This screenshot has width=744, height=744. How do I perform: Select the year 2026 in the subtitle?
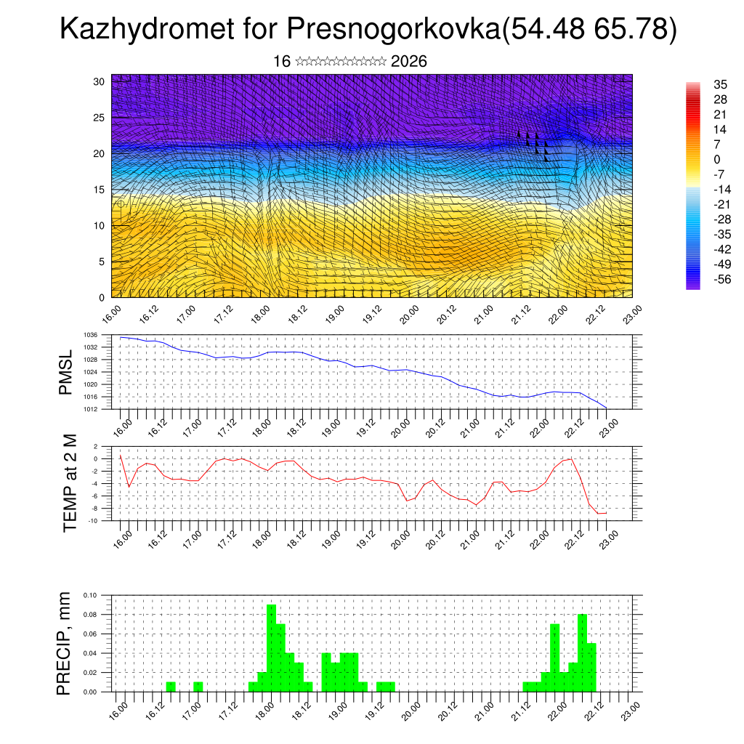click(x=408, y=62)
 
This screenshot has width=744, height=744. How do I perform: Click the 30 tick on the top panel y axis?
click(x=100, y=81)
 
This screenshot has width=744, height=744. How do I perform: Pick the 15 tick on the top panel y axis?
click(x=100, y=190)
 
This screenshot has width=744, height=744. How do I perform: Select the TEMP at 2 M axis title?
click(x=70, y=482)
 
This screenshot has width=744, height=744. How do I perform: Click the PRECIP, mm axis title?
click(x=66, y=643)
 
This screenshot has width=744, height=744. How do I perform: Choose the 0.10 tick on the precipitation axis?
click(x=89, y=595)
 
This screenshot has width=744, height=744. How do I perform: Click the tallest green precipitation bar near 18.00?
click(x=271, y=647)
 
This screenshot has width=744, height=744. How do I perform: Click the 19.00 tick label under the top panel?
click(x=334, y=314)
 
